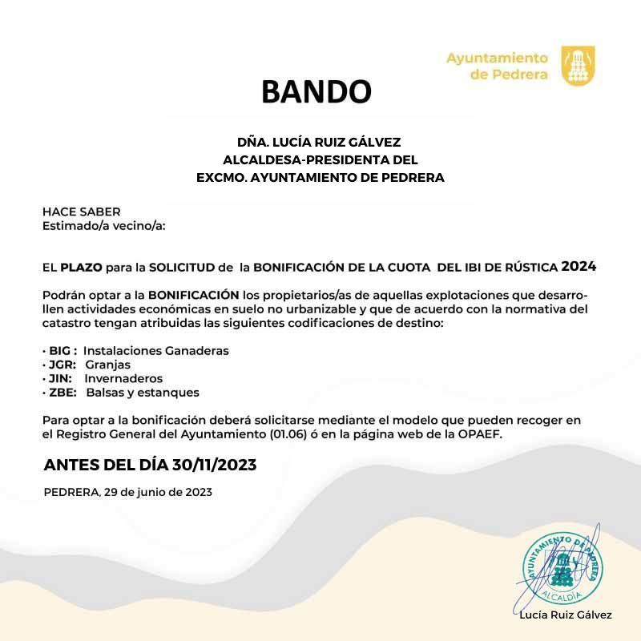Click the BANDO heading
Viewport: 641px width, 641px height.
tap(316, 92)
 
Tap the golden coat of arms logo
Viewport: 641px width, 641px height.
tap(578, 66)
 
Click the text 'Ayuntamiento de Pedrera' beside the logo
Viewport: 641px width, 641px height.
tap(497, 66)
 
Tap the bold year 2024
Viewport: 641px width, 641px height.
tap(579, 265)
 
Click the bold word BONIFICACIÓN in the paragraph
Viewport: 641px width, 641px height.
tap(194, 294)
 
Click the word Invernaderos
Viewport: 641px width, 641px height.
tap(123, 378)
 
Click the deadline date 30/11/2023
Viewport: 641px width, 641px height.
tap(196, 465)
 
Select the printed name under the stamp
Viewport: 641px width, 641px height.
tap(565, 615)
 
